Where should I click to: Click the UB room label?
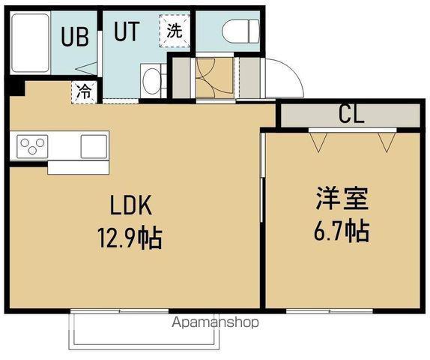(x=76, y=35)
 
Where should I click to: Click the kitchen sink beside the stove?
(x=94, y=144)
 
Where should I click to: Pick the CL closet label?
(x=351, y=115)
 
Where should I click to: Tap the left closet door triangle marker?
(x=318, y=141)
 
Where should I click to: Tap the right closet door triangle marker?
(x=387, y=141)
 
